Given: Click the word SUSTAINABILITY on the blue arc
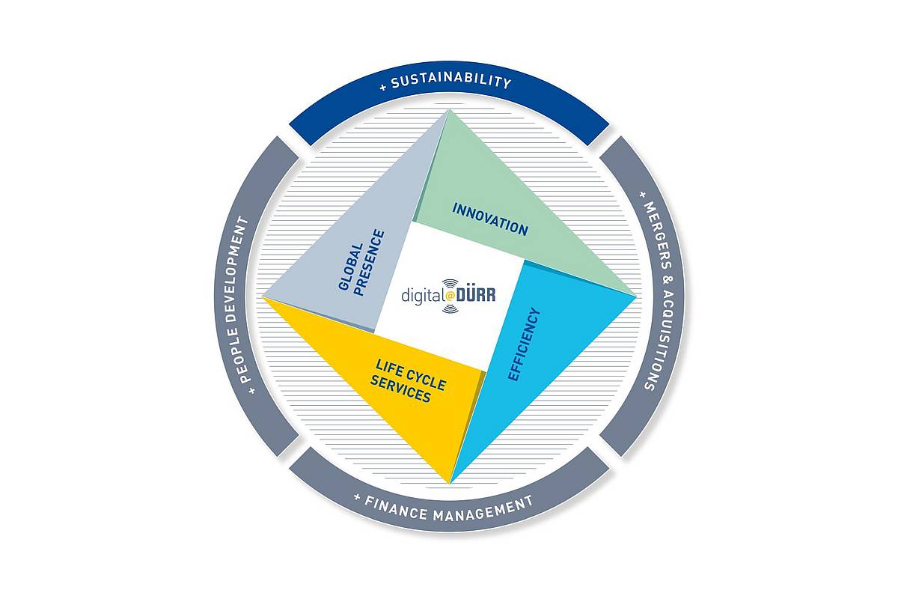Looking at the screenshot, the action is (451, 80).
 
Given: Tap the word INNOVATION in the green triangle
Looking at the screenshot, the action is (490, 219).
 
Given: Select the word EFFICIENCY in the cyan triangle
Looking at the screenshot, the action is (525, 344).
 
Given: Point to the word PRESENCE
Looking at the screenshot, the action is (370, 262).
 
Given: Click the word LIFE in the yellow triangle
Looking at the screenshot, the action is (389, 368).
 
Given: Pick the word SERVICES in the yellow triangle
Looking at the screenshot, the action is (400, 389).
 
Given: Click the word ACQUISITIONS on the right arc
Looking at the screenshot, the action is (660, 340).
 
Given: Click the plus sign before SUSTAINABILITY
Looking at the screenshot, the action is (383, 87).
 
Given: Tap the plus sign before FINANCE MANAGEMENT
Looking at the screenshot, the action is (357, 496).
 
